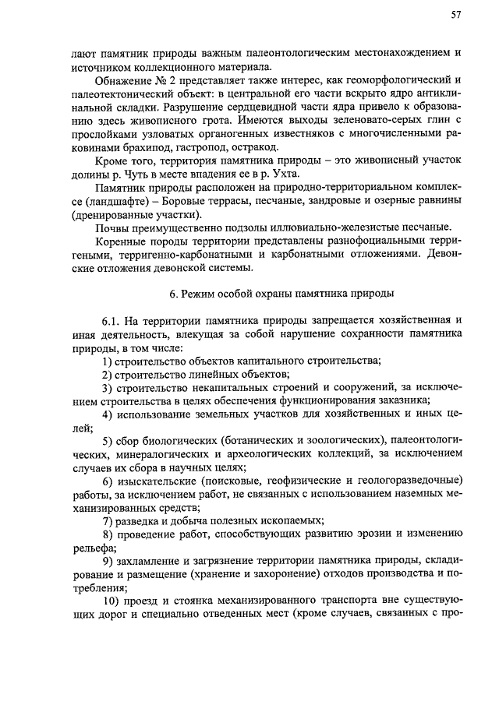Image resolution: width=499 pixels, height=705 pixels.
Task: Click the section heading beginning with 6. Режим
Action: pos(264,294)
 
